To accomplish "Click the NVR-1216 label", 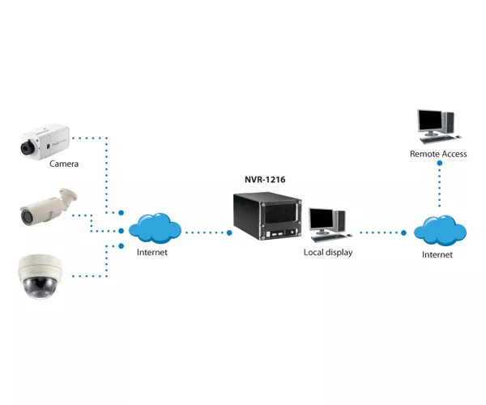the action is coord(265,179).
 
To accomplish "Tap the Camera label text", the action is coord(64,164).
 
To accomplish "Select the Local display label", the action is coord(328,253).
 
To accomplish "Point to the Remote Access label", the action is coord(438,154).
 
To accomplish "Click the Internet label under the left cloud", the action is coord(152,252).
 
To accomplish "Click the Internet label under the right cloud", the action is coord(437,254).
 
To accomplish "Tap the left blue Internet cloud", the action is coord(155,228).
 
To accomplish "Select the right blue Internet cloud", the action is coord(440,230).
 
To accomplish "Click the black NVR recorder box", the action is coord(267,215).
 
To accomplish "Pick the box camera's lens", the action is coord(28,147).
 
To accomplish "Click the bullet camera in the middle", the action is coord(48,206).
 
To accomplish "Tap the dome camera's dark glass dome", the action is coord(38,288).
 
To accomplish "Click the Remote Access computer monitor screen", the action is coord(430,120).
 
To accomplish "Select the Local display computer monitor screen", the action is coord(322,219).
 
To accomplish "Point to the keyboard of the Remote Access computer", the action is coord(437,139).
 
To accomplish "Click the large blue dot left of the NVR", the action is coord(229,232).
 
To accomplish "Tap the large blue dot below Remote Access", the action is coord(440,163).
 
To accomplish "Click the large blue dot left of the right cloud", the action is coord(403,232).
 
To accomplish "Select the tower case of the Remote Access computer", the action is coord(448,122).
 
